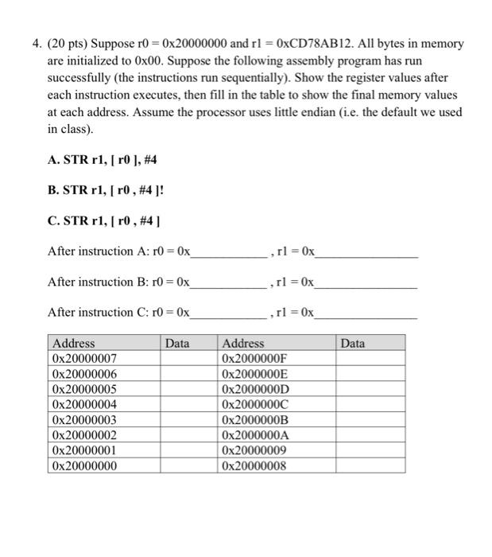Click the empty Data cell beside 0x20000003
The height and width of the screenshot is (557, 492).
[189, 419]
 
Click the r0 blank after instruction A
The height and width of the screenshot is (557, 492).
[230, 252]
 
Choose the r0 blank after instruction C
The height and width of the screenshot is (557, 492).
[230, 313]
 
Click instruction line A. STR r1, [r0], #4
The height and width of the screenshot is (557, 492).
[103, 159]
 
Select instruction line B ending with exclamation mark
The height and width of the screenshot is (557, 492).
[108, 190]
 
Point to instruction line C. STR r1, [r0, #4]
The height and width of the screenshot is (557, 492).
[105, 220]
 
